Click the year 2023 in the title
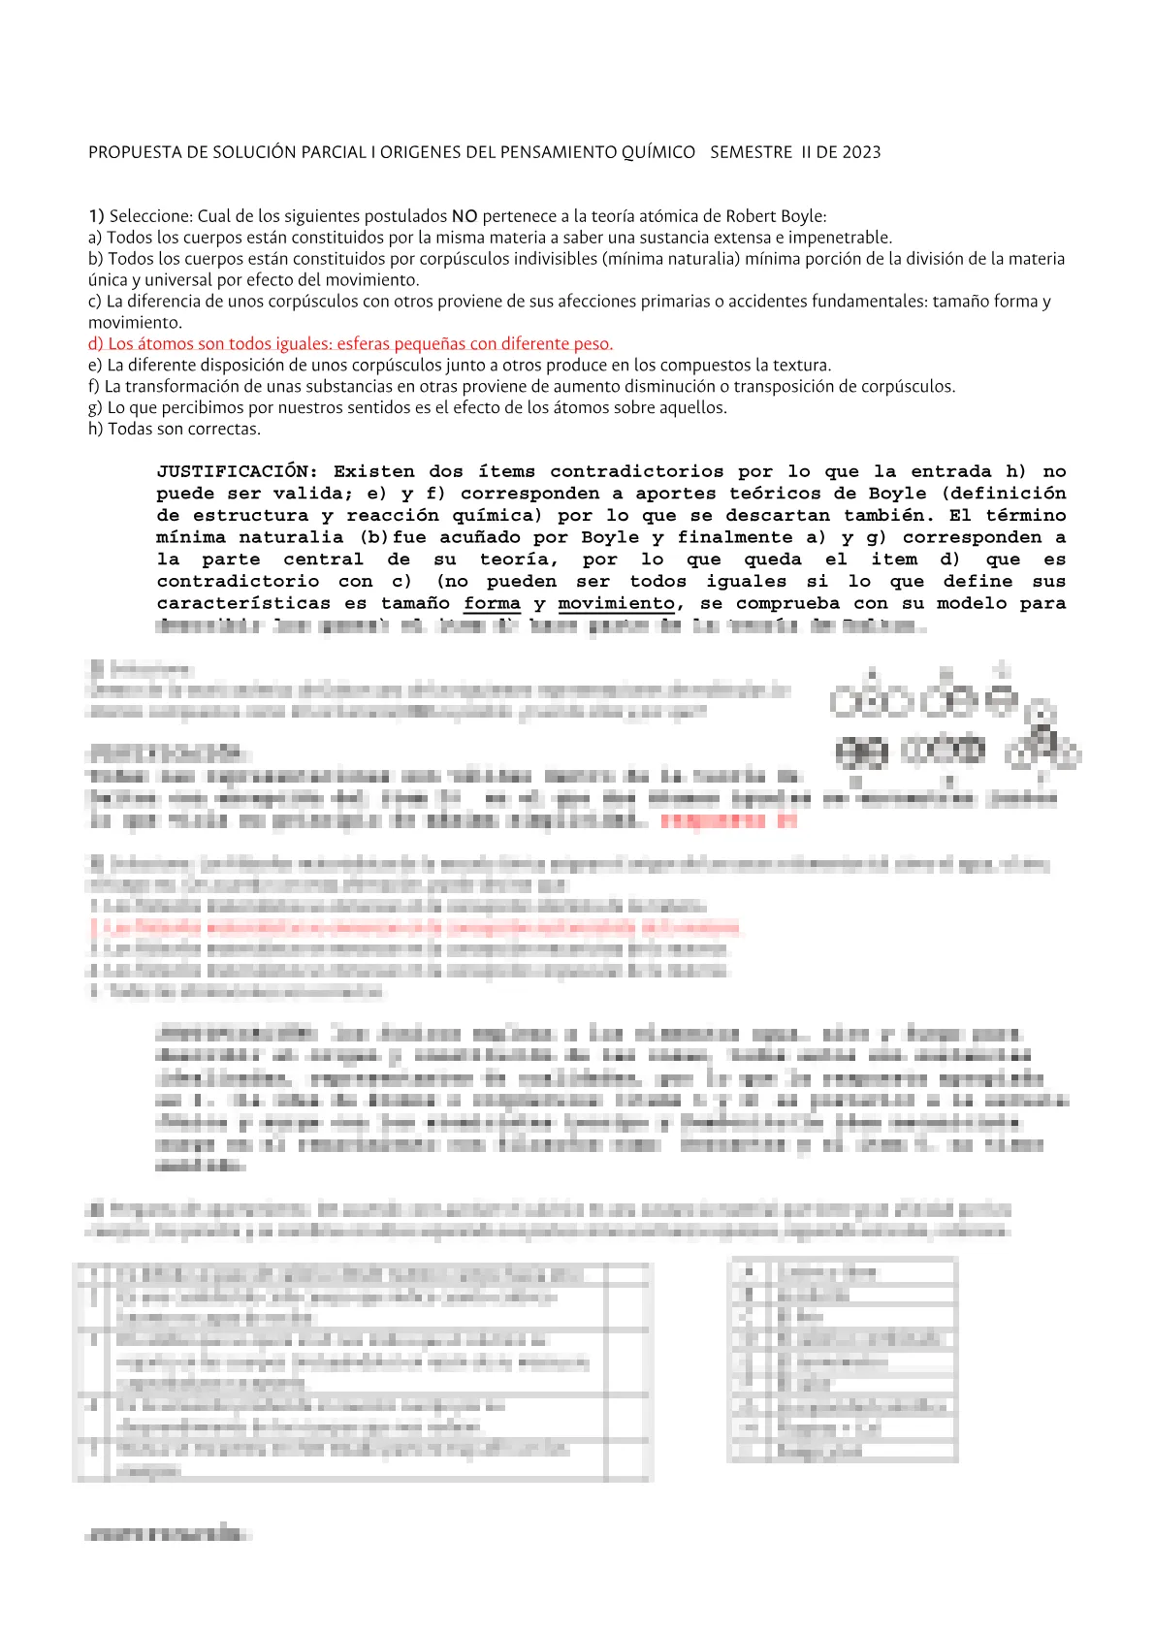(x=861, y=152)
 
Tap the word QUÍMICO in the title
(x=658, y=152)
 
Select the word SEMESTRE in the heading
(x=751, y=152)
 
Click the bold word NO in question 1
(x=465, y=216)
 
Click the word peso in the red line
(x=593, y=344)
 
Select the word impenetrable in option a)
(x=840, y=238)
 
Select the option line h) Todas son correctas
(x=175, y=430)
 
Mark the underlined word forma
(x=492, y=604)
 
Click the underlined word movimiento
(x=616, y=604)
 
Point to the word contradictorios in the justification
(x=636, y=472)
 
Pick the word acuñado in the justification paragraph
(x=479, y=537)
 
